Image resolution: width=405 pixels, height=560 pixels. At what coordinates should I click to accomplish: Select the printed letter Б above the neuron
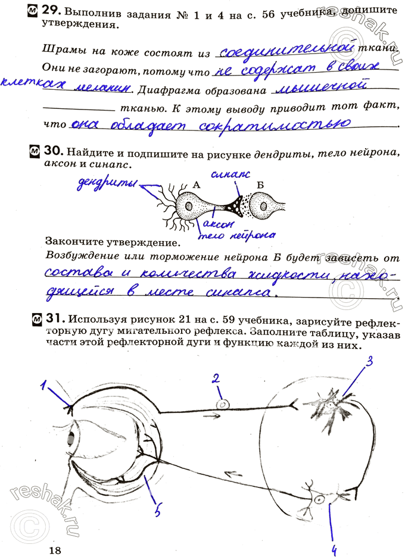click(260, 185)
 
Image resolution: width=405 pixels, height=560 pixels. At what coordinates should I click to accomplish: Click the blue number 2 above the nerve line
click(217, 378)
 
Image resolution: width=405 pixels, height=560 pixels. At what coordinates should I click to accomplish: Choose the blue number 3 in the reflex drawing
click(369, 361)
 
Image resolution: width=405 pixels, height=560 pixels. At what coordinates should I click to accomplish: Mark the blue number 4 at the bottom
click(335, 548)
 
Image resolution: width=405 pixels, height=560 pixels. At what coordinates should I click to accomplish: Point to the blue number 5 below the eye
click(157, 511)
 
